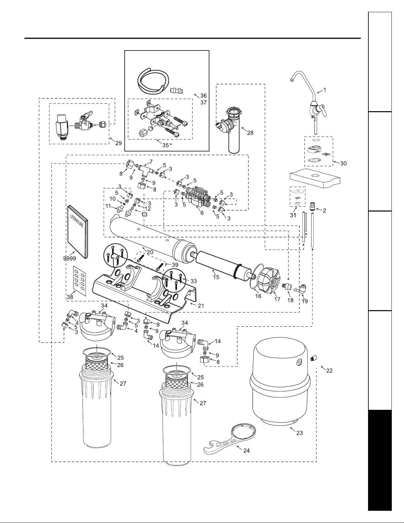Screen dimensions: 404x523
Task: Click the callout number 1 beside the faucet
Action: pyautogui.click(x=325, y=90)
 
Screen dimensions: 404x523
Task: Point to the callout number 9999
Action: pyautogui.click(x=70, y=258)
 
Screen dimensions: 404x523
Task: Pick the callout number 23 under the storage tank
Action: pyautogui.click(x=299, y=433)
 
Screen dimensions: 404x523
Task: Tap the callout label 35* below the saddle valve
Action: pyautogui.click(x=167, y=146)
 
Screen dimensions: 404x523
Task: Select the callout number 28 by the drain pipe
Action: pyautogui.click(x=250, y=133)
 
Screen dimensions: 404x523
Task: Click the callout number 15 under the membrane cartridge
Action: pyautogui.click(x=216, y=277)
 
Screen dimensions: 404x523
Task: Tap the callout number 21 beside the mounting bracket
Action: pyautogui.click(x=201, y=306)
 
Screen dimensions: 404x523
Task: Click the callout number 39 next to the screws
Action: pyautogui.click(x=175, y=265)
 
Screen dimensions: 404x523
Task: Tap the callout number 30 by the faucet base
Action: pyautogui.click(x=343, y=163)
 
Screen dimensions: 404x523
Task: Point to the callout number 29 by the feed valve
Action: pyautogui.click(x=118, y=143)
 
